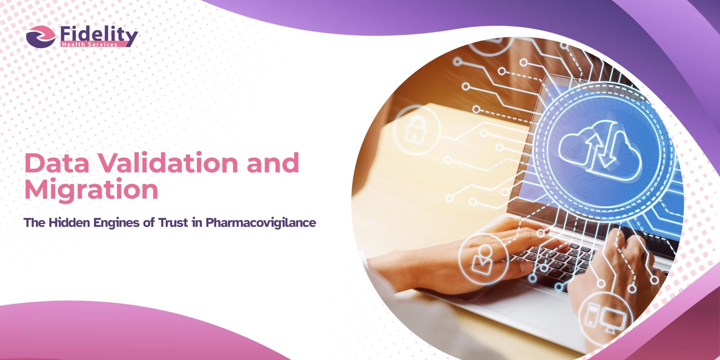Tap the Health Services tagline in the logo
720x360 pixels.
pos(90,45)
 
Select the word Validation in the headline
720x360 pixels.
pos(168,163)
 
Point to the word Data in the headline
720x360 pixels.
pos(57,163)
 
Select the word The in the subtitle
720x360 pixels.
pos(35,222)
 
